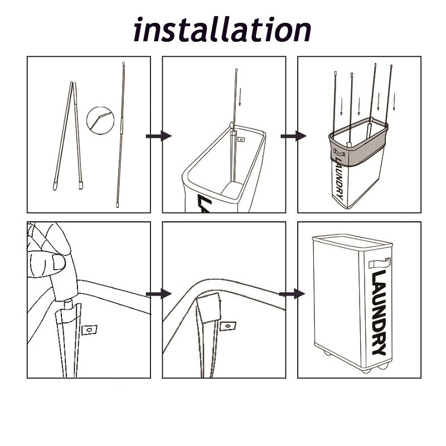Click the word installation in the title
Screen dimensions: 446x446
coord(222,30)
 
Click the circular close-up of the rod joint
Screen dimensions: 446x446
coord(100,120)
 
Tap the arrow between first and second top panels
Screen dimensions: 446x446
coord(159,135)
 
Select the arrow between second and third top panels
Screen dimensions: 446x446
coord(294,136)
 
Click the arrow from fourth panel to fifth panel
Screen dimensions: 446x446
coord(159,294)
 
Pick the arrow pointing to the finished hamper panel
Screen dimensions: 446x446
coord(292,294)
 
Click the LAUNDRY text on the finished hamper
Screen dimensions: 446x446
coord(379,312)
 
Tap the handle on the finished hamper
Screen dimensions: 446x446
coord(380,263)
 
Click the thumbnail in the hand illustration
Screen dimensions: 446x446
coord(59,262)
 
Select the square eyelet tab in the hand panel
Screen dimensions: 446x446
coord(89,329)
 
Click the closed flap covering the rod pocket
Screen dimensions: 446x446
coord(209,308)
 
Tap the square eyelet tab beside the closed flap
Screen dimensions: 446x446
coord(228,326)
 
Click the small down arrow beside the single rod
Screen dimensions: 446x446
coord(240,97)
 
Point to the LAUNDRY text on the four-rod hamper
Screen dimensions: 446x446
coord(339,178)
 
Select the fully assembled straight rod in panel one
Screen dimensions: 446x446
coord(120,134)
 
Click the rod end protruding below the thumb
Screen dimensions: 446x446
coord(67,304)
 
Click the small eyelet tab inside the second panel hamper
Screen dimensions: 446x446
coord(241,139)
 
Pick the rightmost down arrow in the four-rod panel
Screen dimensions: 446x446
coord(394,101)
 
